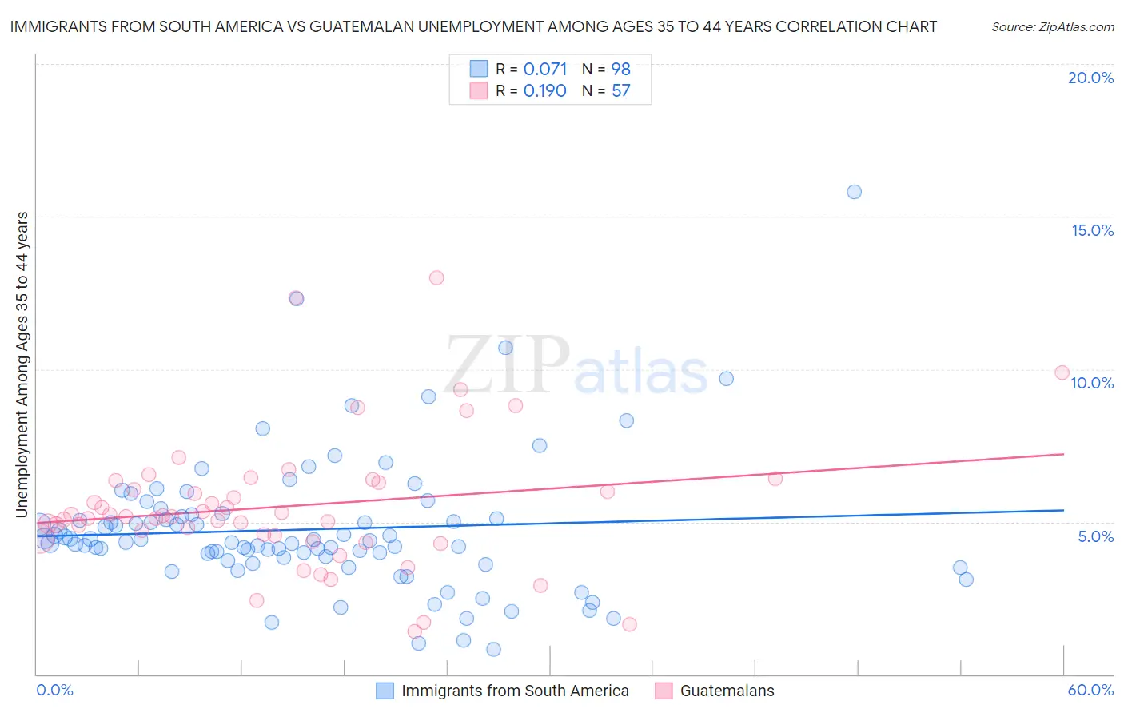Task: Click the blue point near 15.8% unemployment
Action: click(x=854, y=192)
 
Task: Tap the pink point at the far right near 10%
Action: click(x=1062, y=372)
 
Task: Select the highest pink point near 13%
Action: click(x=436, y=278)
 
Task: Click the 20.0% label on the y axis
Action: click(x=1090, y=78)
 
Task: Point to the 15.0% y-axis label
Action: click(x=1092, y=230)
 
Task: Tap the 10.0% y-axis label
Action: click(x=1092, y=383)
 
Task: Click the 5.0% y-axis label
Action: click(x=1095, y=536)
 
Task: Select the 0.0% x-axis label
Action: click(x=54, y=690)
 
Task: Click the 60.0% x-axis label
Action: click(x=1090, y=690)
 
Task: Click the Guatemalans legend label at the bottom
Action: click(x=727, y=691)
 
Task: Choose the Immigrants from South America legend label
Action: click(x=515, y=691)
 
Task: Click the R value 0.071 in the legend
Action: click(x=545, y=70)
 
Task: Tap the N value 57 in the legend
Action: click(x=621, y=91)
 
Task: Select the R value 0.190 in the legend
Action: click(x=545, y=91)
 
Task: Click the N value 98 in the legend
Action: click(x=621, y=70)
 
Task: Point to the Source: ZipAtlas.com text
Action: click(x=1052, y=26)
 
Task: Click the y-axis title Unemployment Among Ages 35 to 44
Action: click(x=22, y=364)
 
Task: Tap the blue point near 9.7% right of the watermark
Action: click(x=726, y=379)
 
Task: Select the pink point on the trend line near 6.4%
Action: click(x=775, y=479)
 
